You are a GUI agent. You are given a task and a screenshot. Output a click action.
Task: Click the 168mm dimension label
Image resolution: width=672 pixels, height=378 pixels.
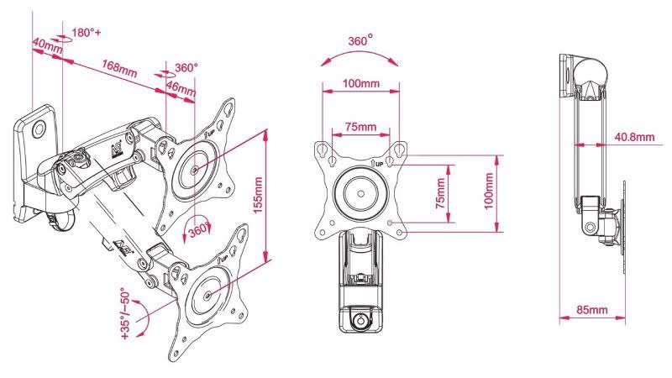click(x=119, y=68)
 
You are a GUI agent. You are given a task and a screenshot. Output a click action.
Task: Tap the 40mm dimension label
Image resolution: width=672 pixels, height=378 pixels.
click(x=47, y=46)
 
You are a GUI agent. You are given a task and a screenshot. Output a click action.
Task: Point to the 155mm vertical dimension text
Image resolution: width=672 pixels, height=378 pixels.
click(x=258, y=195)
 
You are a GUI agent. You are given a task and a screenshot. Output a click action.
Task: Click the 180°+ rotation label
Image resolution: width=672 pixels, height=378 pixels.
click(x=87, y=33)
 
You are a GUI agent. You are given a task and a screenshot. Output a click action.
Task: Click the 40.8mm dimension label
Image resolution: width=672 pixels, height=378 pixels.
click(x=635, y=137)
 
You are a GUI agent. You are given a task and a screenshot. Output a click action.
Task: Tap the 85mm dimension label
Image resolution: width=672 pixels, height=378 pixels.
click(x=592, y=309)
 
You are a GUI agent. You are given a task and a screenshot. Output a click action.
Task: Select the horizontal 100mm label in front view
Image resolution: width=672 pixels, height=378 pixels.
click(x=361, y=83)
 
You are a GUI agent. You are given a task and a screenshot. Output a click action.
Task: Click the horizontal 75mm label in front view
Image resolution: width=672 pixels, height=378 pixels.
click(x=361, y=127)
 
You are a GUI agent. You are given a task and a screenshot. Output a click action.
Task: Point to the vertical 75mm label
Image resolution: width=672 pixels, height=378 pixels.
click(x=440, y=193)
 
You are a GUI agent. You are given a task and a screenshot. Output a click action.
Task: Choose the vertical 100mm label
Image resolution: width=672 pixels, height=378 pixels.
click(x=489, y=192)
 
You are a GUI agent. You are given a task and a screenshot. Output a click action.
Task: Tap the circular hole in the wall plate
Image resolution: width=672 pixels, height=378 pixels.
click(x=39, y=129)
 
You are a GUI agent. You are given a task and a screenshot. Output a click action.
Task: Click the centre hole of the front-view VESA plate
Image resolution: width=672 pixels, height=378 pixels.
click(x=361, y=194)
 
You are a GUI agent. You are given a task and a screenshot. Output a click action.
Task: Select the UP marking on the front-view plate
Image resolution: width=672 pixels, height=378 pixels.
click(x=377, y=164)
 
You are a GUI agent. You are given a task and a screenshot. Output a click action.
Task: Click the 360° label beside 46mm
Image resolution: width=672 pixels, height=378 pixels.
click(x=186, y=68)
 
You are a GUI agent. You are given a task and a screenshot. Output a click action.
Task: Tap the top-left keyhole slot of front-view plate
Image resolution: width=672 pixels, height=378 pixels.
click(x=323, y=150)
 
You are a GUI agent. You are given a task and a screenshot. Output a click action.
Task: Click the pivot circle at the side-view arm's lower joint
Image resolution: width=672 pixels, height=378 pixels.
click(x=591, y=226)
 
